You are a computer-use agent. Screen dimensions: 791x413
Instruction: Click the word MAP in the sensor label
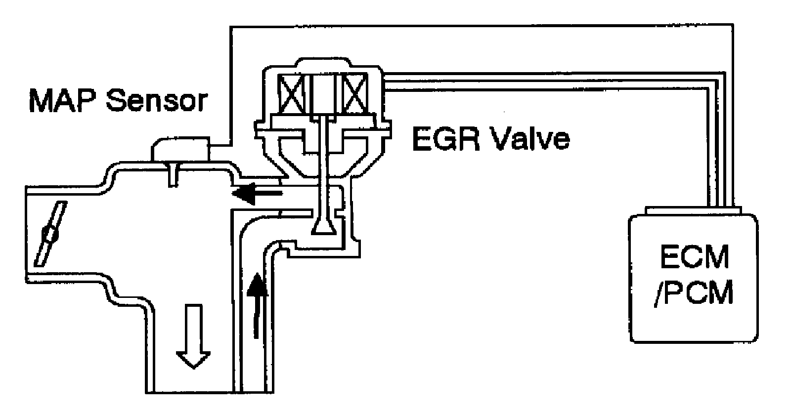pos(62,101)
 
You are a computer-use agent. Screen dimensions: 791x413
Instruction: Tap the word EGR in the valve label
pos(446,139)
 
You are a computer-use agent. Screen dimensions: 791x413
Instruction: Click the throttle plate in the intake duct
pos(50,234)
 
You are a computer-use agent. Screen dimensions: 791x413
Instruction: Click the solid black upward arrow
pos(257,305)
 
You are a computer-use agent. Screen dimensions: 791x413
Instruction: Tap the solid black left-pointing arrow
pos(257,193)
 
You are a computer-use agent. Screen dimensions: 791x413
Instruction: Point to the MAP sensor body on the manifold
pos(180,149)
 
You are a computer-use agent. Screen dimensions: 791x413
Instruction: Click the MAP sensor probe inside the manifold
pos(173,174)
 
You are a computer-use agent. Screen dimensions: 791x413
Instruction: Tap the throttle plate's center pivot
pos(50,234)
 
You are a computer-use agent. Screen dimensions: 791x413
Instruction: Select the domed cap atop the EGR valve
pos(323,64)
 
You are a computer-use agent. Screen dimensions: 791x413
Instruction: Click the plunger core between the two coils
pos(323,95)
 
